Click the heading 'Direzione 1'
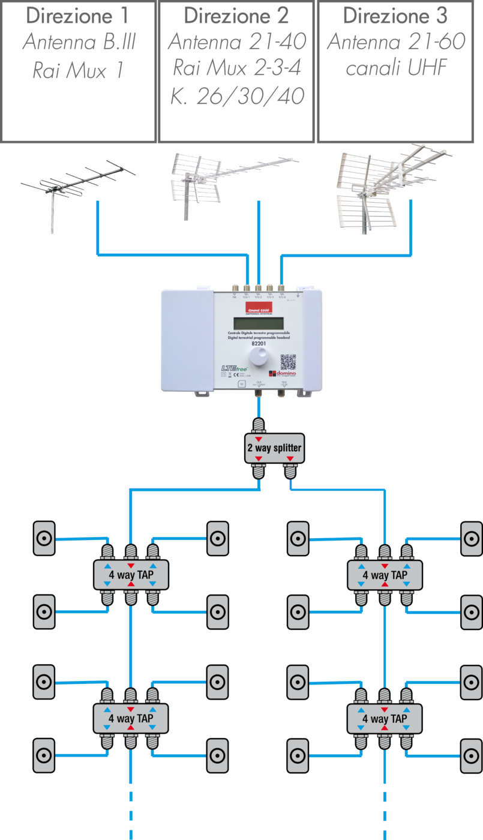pyautogui.click(x=79, y=15)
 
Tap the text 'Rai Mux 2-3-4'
pyautogui.click(x=236, y=69)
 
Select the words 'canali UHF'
pyautogui.click(x=397, y=69)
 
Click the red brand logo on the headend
pyautogui.click(x=258, y=308)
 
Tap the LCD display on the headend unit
pyautogui.click(x=258, y=322)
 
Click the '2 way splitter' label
pyautogui.click(x=274, y=448)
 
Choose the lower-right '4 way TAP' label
pyautogui.click(x=385, y=718)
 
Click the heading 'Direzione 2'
pyautogui.click(x=236, y=15)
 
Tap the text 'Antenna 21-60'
pyautogui.click(x=397, y=42)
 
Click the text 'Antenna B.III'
pyautogui.click(x=79, y=42)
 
